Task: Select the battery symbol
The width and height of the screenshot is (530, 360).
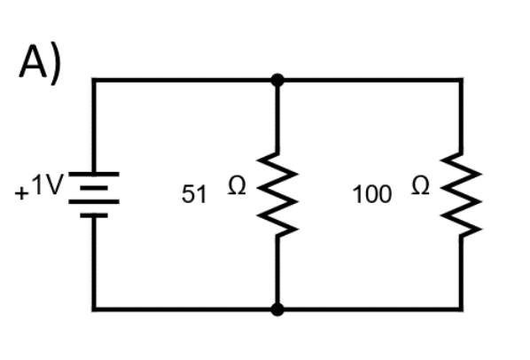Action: click(x=93, y=194)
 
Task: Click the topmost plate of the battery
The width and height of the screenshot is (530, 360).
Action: click(x=93, y=175)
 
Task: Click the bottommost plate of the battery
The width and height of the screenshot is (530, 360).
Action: click(x=93, y=215)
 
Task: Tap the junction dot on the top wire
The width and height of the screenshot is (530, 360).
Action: click(x=277, y=80)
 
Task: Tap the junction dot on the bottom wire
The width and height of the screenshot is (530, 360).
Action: click(x=277, y=309)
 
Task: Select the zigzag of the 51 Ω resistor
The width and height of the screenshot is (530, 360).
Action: click(x=277, y=194)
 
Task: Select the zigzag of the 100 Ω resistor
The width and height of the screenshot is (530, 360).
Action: click(x=461, y=194)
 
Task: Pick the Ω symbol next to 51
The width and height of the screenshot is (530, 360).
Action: click(x=238, y=187)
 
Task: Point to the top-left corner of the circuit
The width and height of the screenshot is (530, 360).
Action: click(x=93, y=80)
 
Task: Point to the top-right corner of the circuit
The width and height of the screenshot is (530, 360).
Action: click(x=461, y=80)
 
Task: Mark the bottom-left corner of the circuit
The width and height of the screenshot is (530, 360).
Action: click(x=93, y=309)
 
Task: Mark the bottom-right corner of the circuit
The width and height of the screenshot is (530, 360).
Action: click(x=461, y=309)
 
